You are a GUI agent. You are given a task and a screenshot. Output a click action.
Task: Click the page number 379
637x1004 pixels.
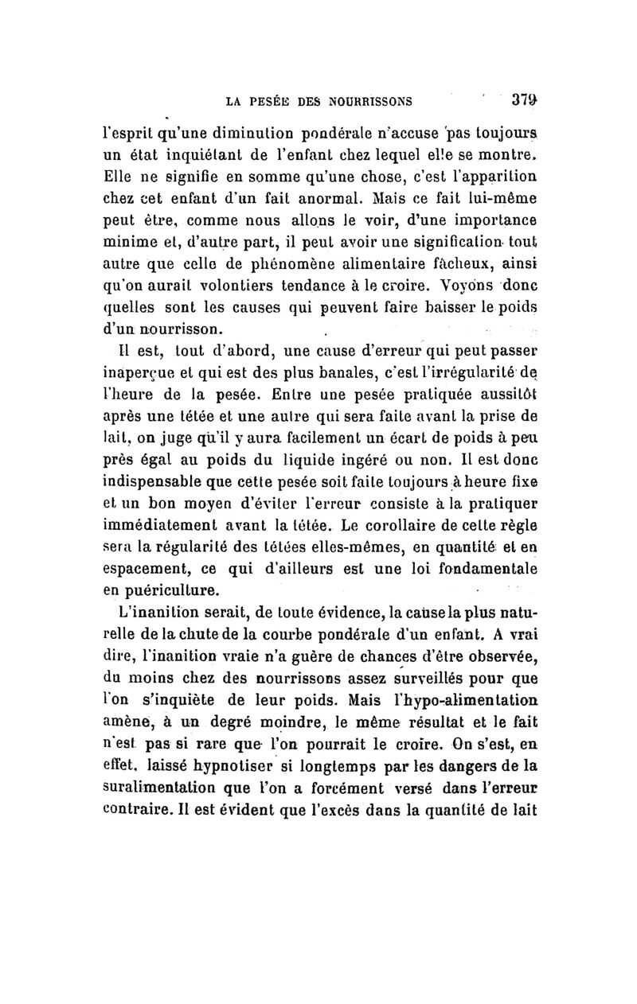527,101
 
